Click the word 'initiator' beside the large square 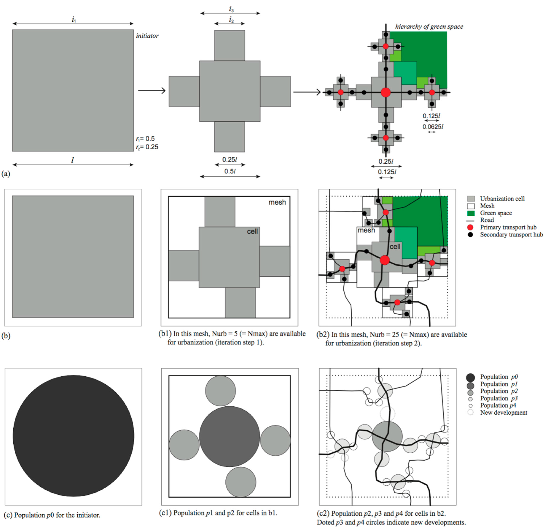[147, 36]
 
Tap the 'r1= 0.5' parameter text [145, 139]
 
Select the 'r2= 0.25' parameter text [147, 147]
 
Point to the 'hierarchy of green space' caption [429, 27]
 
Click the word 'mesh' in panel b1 [277, 202]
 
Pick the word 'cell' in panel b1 [252, 231]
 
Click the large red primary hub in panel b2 [385, 260]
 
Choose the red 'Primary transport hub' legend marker [471, 227]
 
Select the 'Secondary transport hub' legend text [511, 234]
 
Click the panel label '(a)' [6, 174]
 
